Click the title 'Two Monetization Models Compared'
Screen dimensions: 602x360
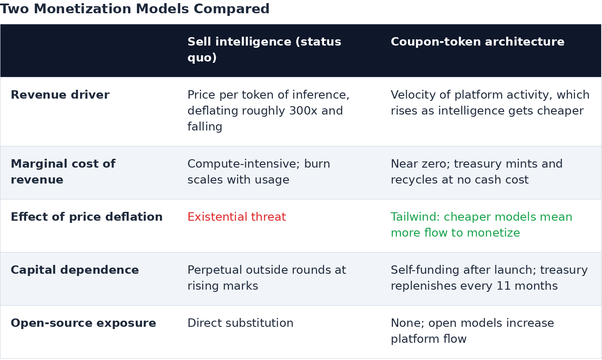[x=135, y=9]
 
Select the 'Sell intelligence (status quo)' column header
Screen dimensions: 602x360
[x=264, y=50]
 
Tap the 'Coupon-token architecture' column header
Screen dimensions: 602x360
[x=477, y=42]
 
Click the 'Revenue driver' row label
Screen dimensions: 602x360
[x=60, y=95]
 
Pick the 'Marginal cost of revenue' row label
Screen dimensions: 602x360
[x=63, y=172]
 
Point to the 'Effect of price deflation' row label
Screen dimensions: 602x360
[x=87, y=217]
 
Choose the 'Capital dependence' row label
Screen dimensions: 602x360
[x=75, y=270]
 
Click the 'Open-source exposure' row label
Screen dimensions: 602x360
[x=83, y=323]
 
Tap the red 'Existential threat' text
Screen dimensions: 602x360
[x=236, y=217]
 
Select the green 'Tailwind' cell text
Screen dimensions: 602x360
[x=482, y=225]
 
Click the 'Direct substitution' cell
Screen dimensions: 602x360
[x=240, y=323]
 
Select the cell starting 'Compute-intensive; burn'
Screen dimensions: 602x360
[x=259, y=172]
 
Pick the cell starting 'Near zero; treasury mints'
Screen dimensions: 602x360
[x=476, y=172]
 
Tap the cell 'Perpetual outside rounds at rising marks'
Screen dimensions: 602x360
[x=267, y=278]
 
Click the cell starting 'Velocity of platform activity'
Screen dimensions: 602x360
[x=490, y=103]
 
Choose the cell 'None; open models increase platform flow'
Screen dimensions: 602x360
[x=472, y=331]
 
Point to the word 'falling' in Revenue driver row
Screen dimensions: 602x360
[x=205, y=126]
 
